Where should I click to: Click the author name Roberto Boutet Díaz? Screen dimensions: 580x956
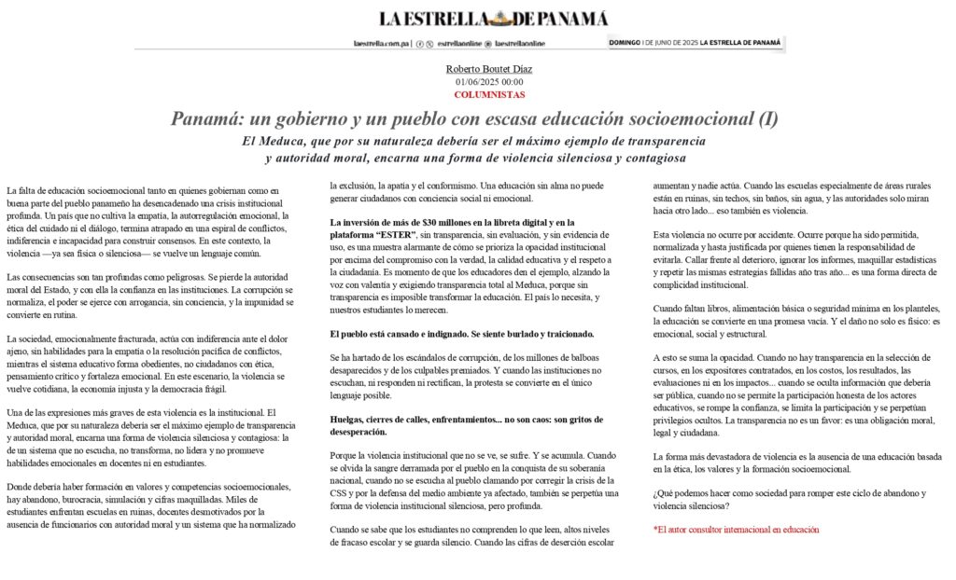(488, 69)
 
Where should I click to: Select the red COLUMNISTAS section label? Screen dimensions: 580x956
(488, 94)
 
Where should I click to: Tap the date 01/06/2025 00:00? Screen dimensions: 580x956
(488, 82)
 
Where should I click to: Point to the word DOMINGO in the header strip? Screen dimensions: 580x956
(625, 43)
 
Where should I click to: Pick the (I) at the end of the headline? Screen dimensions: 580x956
(767, 119)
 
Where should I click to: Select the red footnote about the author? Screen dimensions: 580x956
(736, 530)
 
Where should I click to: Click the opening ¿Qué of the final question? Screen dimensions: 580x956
(665, 493)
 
